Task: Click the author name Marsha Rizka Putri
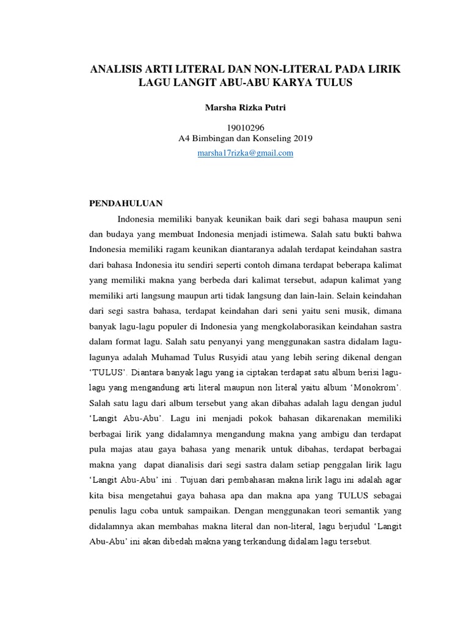coord(236,108)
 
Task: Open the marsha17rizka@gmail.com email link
coord(245,153)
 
